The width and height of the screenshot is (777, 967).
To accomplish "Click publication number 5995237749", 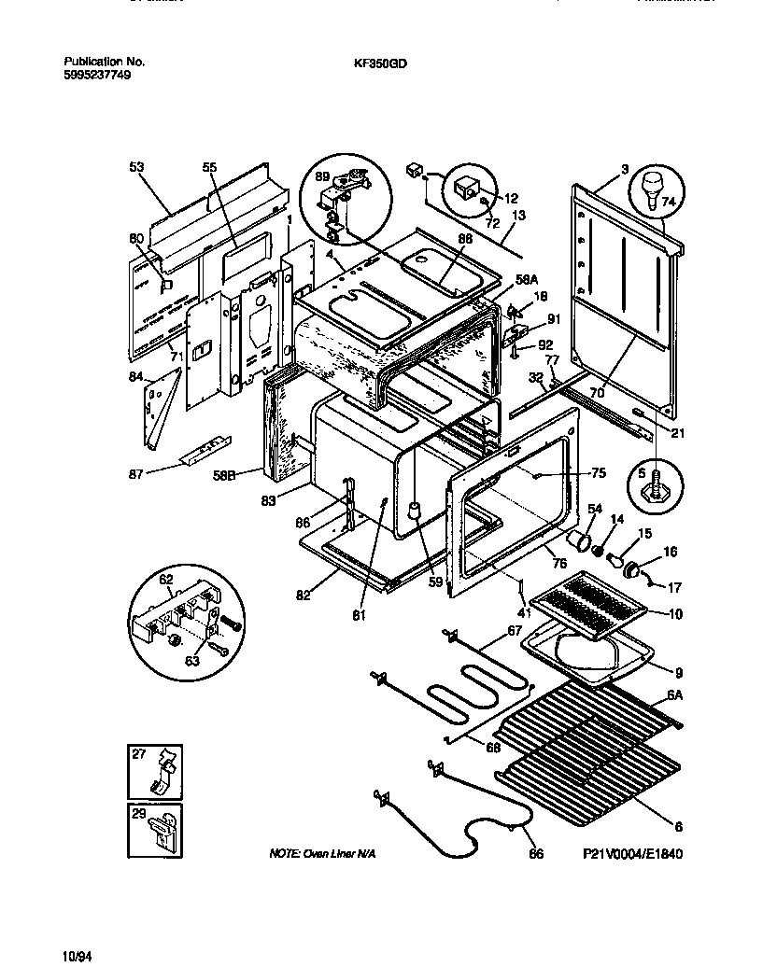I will (x=91, y=75).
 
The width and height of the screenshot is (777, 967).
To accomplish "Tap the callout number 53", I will (x=136, y=167).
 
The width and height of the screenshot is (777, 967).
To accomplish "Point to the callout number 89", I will (x=323, y=176).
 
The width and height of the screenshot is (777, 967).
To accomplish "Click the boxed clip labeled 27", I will (x=162, y=770).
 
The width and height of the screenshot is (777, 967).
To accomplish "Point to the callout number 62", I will (x=166, y=579).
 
